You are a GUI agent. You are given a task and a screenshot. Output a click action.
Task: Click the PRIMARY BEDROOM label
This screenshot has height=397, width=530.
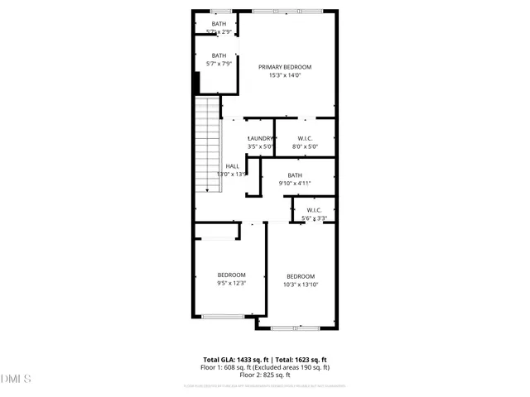284,67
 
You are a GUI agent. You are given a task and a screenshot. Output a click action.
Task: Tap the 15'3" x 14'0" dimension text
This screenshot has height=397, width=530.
284,75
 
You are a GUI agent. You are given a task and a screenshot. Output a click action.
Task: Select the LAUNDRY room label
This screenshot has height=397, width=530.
260,139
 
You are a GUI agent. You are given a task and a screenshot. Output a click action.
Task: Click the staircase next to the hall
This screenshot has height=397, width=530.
208,145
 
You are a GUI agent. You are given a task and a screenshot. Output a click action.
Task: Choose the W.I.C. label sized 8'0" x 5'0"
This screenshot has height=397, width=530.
305,139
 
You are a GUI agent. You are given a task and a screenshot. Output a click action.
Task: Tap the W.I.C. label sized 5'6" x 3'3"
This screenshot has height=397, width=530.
315,210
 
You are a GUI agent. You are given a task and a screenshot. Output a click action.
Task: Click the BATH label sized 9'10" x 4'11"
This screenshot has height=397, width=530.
295,175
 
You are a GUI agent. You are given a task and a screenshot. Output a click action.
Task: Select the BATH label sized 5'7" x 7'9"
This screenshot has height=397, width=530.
219,55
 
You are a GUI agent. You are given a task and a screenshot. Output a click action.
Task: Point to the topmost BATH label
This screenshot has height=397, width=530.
219,24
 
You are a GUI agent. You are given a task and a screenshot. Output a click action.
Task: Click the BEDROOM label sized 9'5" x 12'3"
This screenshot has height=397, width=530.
232,275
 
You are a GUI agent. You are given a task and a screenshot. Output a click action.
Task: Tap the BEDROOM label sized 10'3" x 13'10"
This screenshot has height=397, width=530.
301,276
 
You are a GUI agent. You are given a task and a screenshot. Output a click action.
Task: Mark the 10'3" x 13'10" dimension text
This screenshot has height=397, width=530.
301,285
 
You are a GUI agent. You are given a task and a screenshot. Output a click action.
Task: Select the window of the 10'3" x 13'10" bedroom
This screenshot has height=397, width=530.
296,328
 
